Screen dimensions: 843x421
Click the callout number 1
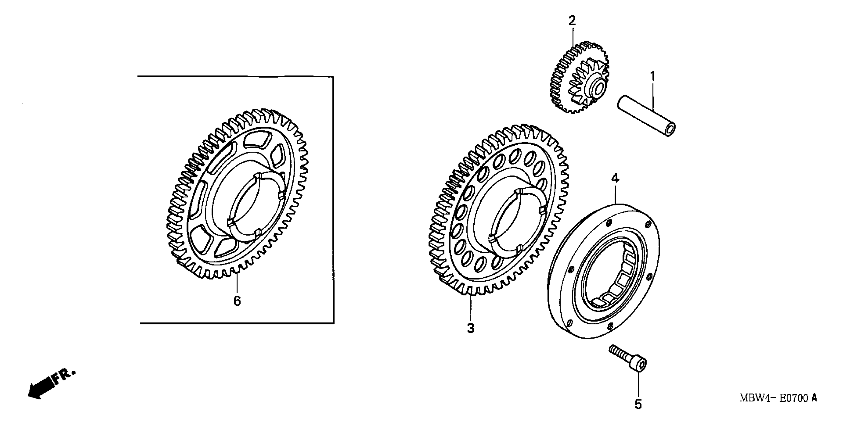click(x=653, y=77)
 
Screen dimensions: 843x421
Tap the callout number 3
click(x=471, y=328)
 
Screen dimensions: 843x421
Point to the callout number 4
click(x=616, y=179)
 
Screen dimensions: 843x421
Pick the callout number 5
click(x=638, y=405)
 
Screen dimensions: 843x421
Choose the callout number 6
click(x=237, y=301)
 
